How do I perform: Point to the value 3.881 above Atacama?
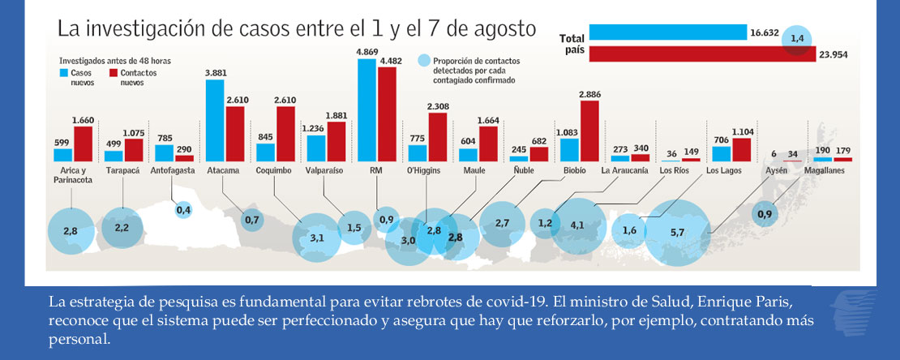pos(215,73)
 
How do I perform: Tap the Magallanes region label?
pos(831,171)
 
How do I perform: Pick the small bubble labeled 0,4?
pos(183,211)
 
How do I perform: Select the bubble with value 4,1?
pos(577,225)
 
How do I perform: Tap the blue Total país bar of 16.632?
pos(667,32)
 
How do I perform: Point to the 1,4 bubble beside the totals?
pos(798,38)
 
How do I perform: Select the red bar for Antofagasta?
pos(184,158)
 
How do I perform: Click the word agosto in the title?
pos(505,29)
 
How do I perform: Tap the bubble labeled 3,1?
pos(317,238)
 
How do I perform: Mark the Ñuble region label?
pos(525,171)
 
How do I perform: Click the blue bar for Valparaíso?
pos(316,148)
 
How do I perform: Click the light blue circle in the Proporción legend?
pos(422,61)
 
